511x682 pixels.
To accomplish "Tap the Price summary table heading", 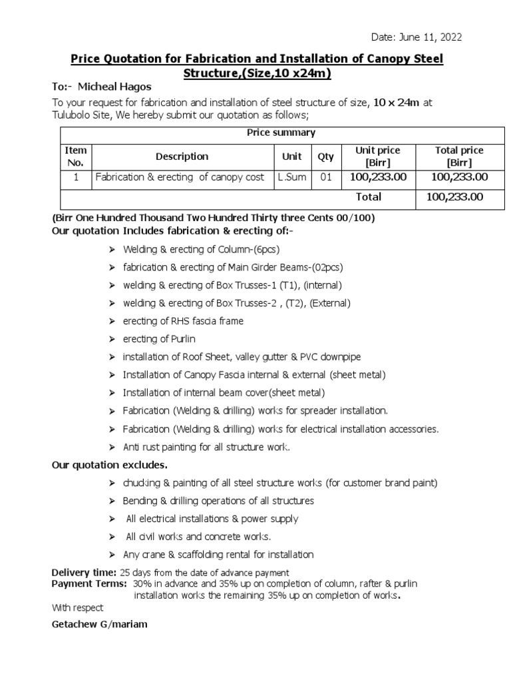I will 281,133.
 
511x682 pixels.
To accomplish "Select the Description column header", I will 182,157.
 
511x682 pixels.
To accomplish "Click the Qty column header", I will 325,157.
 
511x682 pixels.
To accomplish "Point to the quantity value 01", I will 325,178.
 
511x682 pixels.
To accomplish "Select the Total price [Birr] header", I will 458,157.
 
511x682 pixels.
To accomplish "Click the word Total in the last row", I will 369,197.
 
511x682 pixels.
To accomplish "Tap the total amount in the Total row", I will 458,197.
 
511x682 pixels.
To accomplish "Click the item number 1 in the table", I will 76,178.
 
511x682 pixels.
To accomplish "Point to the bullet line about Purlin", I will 159,339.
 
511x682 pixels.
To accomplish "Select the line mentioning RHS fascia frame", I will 183,321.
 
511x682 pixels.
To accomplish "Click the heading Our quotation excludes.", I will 110,464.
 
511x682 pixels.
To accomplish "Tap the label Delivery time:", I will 84,573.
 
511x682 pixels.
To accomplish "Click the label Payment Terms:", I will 89,583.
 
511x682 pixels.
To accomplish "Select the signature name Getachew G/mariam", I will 100,625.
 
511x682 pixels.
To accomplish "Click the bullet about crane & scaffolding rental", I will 218,555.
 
